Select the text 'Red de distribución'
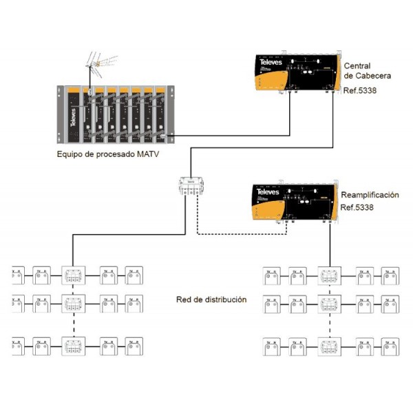(211, 300)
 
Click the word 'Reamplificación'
(370, 195)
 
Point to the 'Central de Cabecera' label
(367, 70)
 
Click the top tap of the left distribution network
(72, 276)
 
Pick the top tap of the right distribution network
(328, 276)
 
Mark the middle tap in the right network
(328, 302)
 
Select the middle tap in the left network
(72, 302)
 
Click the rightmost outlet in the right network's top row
(390, 276)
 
